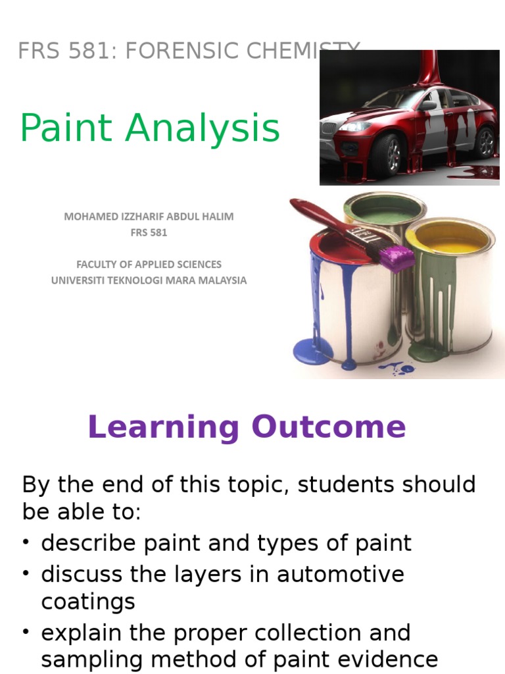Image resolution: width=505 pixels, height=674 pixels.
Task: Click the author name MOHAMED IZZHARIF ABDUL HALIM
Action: pos(149,217)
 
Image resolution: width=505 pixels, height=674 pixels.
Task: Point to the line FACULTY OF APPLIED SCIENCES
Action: pos(149,265)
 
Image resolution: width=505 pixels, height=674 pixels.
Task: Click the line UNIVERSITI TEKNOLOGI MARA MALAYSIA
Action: pos(149,280)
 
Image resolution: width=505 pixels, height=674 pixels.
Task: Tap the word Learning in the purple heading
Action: pos(164,428)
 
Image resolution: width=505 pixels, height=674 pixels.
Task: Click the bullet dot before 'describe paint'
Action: pos(26,544)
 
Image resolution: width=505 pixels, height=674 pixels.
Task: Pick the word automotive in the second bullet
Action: pos(341,575)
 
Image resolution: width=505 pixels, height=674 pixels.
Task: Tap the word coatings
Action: pos(87,602)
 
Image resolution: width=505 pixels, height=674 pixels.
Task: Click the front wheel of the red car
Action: pos(387,153)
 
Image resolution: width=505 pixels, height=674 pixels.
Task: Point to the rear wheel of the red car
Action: pos(485,142)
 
